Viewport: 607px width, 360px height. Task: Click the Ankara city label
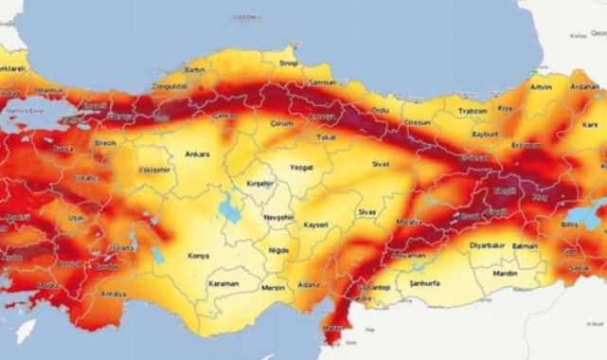tap(198, 153)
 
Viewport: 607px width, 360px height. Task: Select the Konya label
tap(200, 255)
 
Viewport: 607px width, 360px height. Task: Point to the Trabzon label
tap(472, 111)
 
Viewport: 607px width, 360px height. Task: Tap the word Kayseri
tap(316, 225)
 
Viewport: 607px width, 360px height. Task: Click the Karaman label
tap(223, 282)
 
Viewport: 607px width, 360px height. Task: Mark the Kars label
tap(590, 124)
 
